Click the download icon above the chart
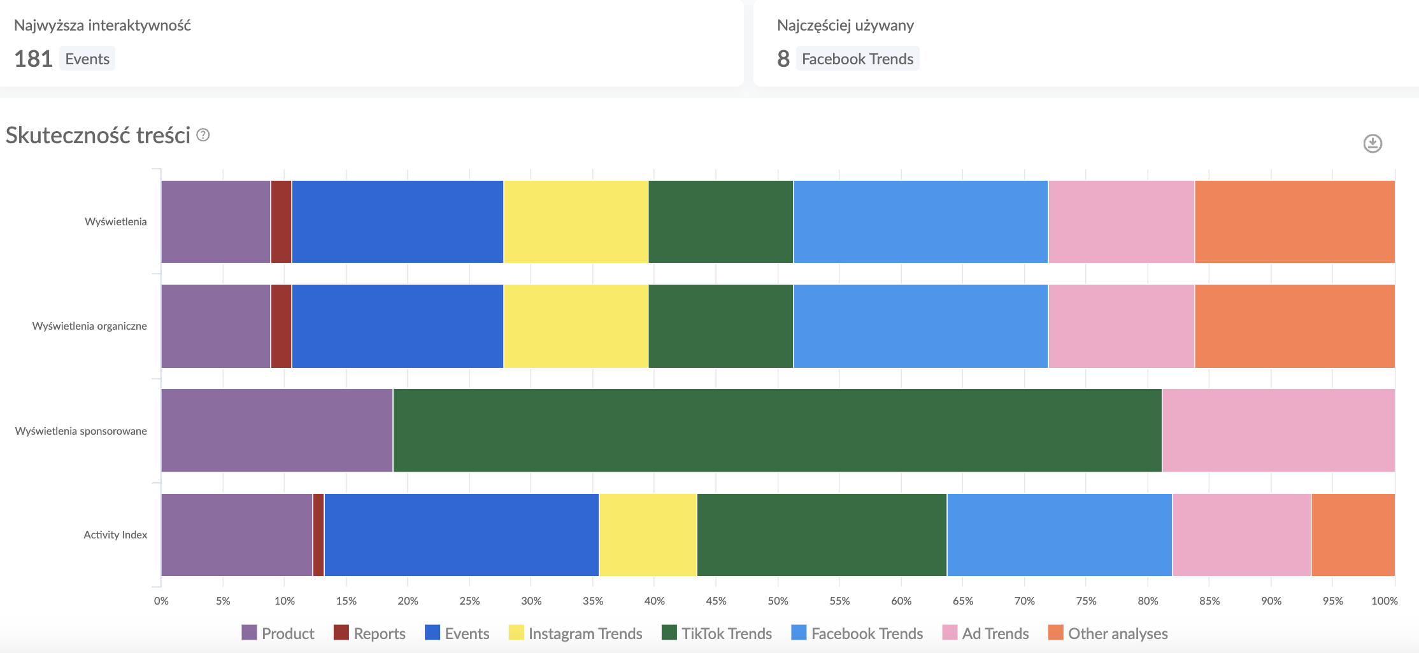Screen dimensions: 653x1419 (x=1372, y=143)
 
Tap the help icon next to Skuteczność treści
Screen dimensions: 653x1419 (x=203, y=135)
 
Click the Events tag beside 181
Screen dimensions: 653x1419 (x=87, y=59)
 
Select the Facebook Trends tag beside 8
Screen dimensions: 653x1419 (x=857, y=59)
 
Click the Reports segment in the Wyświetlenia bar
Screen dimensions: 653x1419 (x=281, y=221)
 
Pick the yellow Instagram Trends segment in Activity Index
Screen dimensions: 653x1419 (x=648, y=535)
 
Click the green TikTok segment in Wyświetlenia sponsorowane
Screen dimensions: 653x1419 (x=777, y=430)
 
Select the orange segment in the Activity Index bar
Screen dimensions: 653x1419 (x=1353, y=535)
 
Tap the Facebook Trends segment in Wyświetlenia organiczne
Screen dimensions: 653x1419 (x=920, y=326)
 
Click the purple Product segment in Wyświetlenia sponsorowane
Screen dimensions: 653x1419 (x=277, y=430)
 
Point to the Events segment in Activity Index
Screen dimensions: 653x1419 (x=461, y=535)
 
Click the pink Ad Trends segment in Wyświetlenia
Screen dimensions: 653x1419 (x=1121, y=221)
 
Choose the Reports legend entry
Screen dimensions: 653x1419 (x=370, y=633)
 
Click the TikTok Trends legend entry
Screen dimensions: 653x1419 (x=717, y=633)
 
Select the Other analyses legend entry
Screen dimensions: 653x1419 (x=1108, y=633)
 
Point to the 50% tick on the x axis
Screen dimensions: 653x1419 (x=778, y=601)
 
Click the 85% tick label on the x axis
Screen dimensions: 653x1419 (x=1209, y=601)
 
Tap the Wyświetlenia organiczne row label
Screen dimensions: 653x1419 (x=89, y=326)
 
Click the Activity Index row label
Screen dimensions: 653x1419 (x=115, y=535)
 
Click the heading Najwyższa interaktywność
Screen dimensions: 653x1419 (x=103, y=25)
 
